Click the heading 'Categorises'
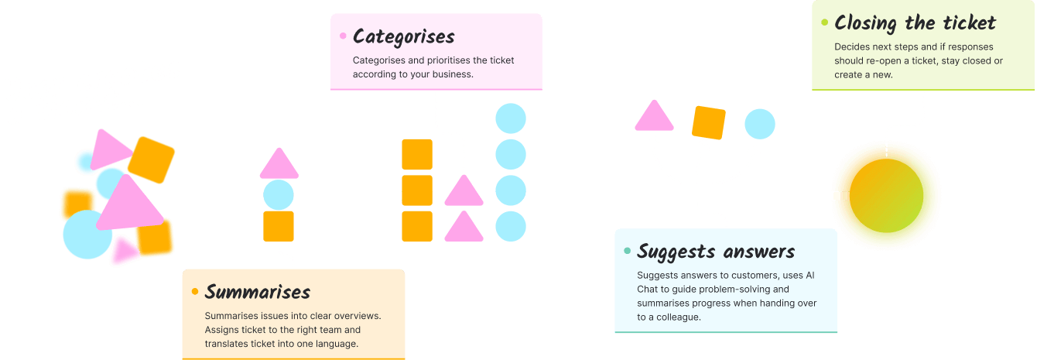click(x=403, y=36)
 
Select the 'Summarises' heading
click(x=257, y=292)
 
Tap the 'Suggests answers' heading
click(x=715, y=252)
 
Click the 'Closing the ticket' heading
click(x=915, y=22)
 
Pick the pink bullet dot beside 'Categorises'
click(x=343, y=36)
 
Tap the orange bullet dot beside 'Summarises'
click(x=195, y=292)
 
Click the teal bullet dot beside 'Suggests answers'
click(x=627, y=252)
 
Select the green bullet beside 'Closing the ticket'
click(x=824, y=22)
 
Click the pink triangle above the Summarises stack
click(x=279, y=165)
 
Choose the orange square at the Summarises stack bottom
click(x=279, y=226)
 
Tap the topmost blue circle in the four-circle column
click(x=511, y=118)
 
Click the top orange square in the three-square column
click(x=417, y=154)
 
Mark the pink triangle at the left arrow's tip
click(x=654, y=117)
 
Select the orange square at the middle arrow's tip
click(x=708, y=122)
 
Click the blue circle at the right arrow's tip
click(x=760, y=124)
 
